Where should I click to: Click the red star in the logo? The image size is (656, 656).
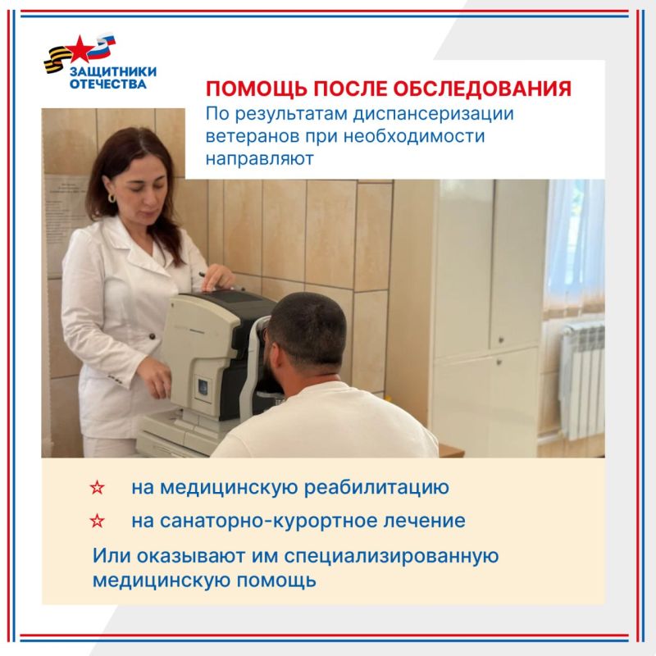pos(80,49)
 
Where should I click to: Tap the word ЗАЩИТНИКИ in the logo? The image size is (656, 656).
pos(113,71)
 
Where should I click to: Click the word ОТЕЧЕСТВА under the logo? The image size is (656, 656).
pos(108,84)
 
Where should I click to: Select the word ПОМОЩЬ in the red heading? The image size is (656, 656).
pos(256,89)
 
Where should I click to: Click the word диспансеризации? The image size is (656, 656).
pos(433,115)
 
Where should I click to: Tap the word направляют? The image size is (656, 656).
pos(259,159)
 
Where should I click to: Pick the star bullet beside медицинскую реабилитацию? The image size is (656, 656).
pos(97,487)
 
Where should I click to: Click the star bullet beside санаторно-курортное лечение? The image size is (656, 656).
pos(97,521)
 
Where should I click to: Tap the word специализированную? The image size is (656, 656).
pos(391,557)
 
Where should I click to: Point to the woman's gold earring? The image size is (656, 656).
pos(112,198)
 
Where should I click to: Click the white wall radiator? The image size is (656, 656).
pos(581,381)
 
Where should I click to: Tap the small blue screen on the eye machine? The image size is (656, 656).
pos(203,387)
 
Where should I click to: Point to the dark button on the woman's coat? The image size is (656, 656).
pos(153,336)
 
